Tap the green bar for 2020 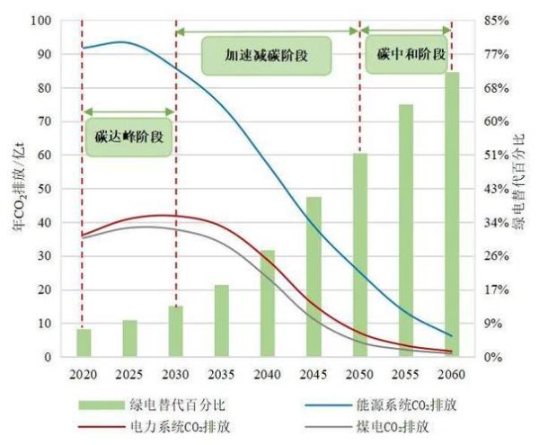84,343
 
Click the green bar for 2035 222,321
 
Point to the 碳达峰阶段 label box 128,138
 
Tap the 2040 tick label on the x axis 268,371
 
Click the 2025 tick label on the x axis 130,371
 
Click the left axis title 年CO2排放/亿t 18,189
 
